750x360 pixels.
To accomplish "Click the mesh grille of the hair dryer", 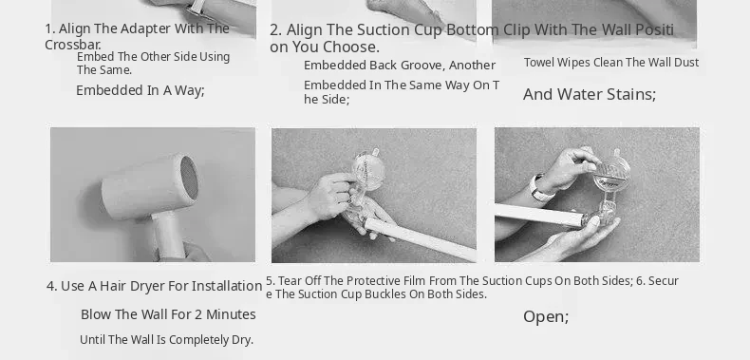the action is click(x=190, y=178).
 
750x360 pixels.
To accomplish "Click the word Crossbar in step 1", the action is click(x=72, y=45).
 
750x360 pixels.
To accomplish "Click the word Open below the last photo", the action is click(x=544, y=317).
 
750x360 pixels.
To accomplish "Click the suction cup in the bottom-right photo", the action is click(x=611, y=173).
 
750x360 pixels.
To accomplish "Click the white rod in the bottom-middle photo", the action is click(x=420, y=239).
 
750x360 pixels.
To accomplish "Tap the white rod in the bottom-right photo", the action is click(x=538, y=215).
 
